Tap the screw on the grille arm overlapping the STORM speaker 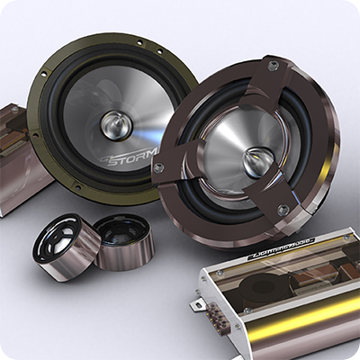click(x=159, y=167)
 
